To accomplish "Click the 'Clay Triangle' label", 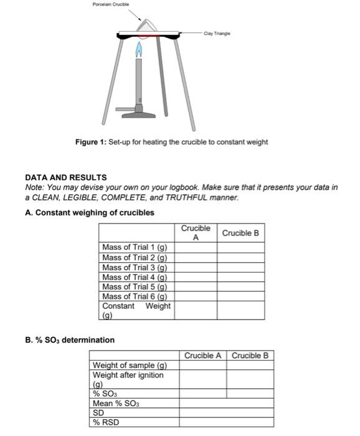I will (x=217, y=33).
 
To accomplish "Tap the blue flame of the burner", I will (x=141, y=49).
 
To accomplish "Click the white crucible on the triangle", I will (x=148, y=27).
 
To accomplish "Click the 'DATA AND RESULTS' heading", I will (x=65, y=177).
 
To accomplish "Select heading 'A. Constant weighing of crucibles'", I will (x=89, y=212).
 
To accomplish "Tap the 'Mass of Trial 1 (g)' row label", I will (x=135, y=247).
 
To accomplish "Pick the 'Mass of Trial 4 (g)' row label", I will (x=135, y=277).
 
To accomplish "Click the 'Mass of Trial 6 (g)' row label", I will (x=135, y=296).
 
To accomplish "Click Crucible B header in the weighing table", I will (x=240, y=233).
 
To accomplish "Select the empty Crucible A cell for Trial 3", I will (x=195, y=267).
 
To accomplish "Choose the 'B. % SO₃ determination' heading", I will (x=69, y=340).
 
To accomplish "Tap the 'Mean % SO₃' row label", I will (x=116, y=403).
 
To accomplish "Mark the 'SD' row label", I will (x=98, y=412).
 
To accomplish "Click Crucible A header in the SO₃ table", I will (x=203, y=356).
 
